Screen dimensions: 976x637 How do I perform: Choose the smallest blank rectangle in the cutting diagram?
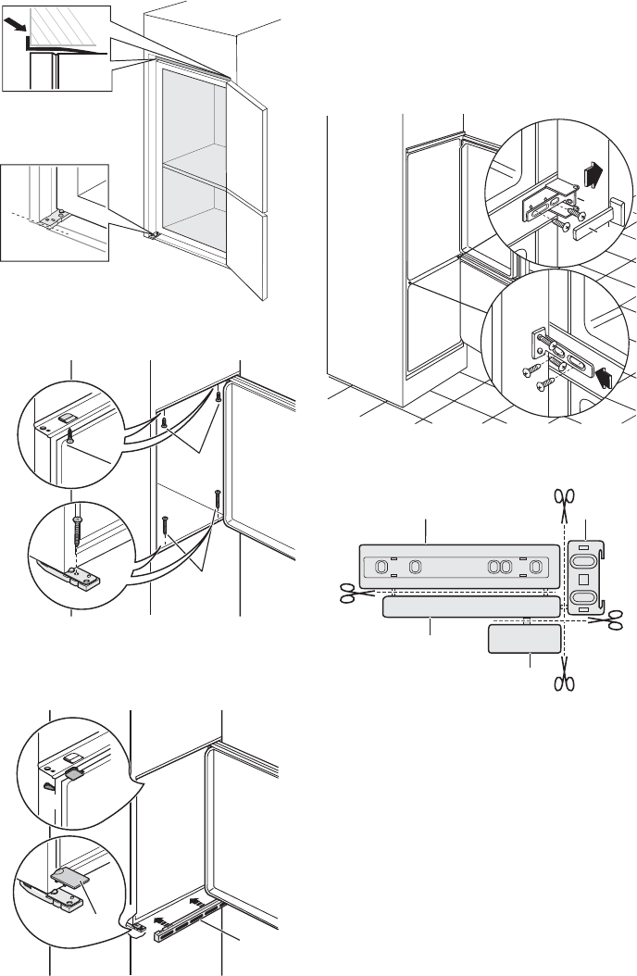pyautogui.click(x=524, y=640)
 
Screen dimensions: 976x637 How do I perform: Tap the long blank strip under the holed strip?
pyautogui.click(x=470, y=607)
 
